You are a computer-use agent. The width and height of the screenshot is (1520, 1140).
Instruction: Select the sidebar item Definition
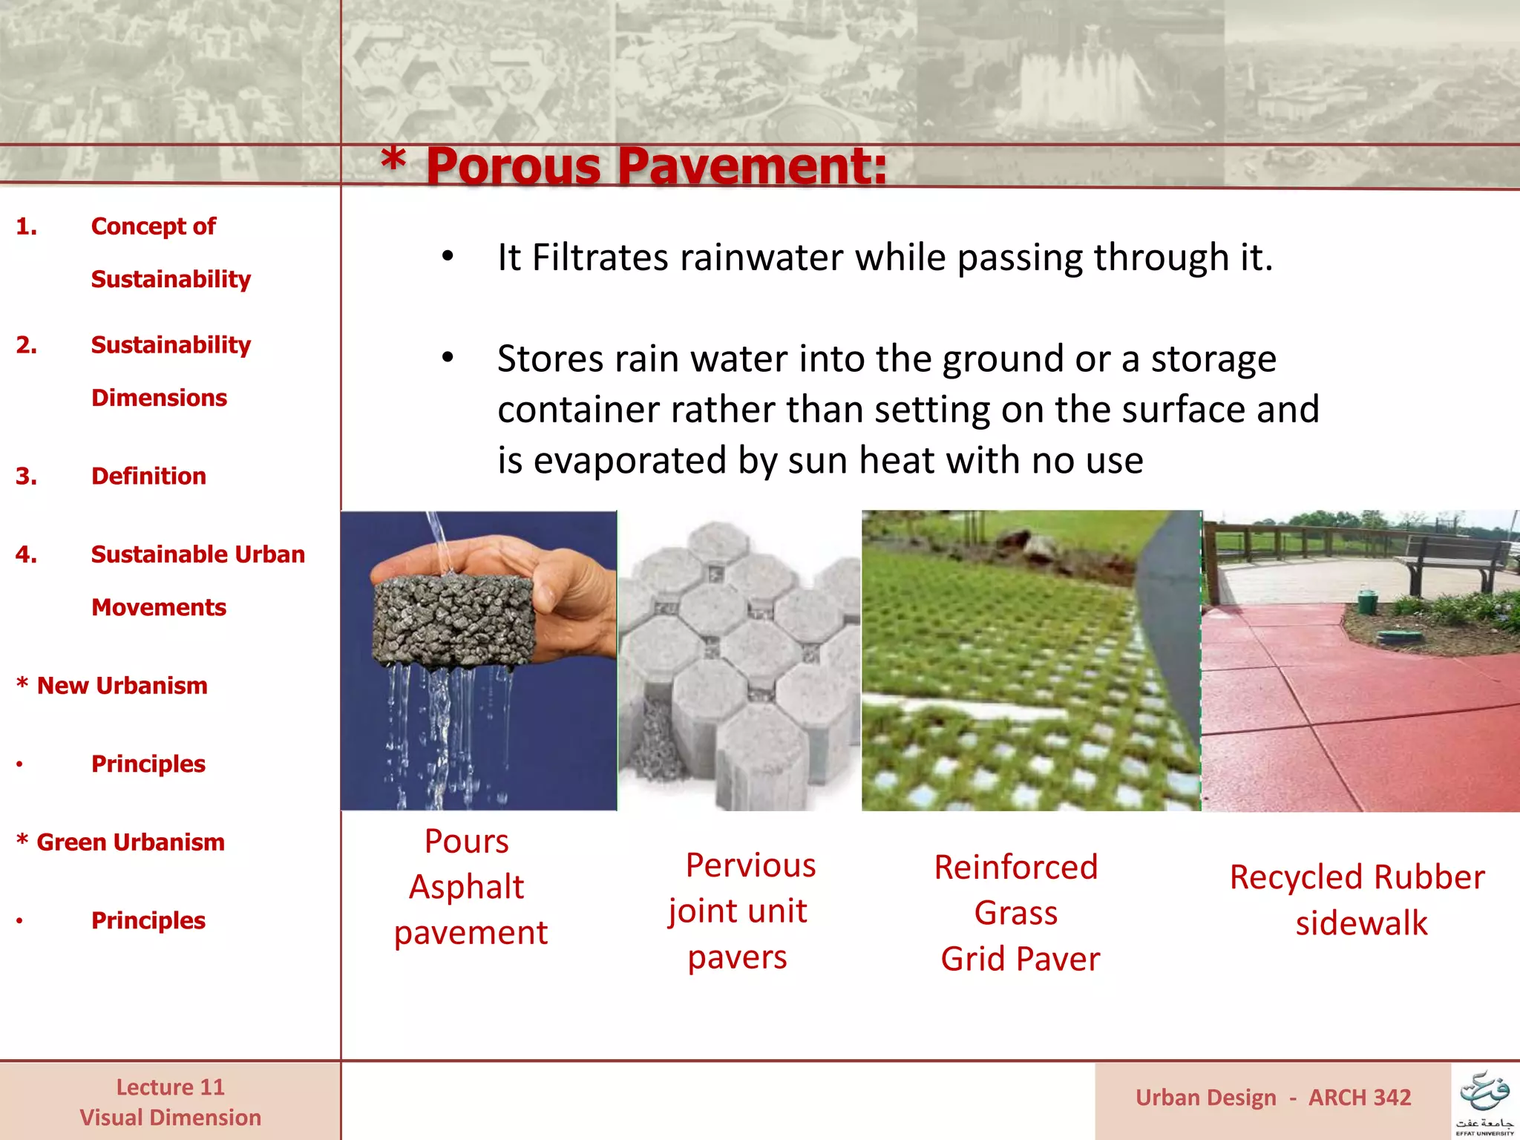point(148,476)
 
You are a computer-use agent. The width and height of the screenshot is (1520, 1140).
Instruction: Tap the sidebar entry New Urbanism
point(122,685)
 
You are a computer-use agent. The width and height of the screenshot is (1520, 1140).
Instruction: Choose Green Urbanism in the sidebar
point(130,842)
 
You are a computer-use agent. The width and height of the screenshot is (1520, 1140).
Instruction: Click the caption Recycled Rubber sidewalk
point(1357,900)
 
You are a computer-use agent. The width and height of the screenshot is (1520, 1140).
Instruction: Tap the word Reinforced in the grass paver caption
point(1015,867)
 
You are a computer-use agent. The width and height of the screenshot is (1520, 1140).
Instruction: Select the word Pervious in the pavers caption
point(750,865)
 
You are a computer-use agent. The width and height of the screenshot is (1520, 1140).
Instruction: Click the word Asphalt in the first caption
point(466,887)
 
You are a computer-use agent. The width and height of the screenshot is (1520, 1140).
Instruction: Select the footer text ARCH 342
point(1359,1098)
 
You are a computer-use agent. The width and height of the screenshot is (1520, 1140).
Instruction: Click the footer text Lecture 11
point(170,1087)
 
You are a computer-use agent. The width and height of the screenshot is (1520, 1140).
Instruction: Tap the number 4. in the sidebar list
point(27,554)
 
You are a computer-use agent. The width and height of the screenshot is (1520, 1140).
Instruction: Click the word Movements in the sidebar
point(159,607)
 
